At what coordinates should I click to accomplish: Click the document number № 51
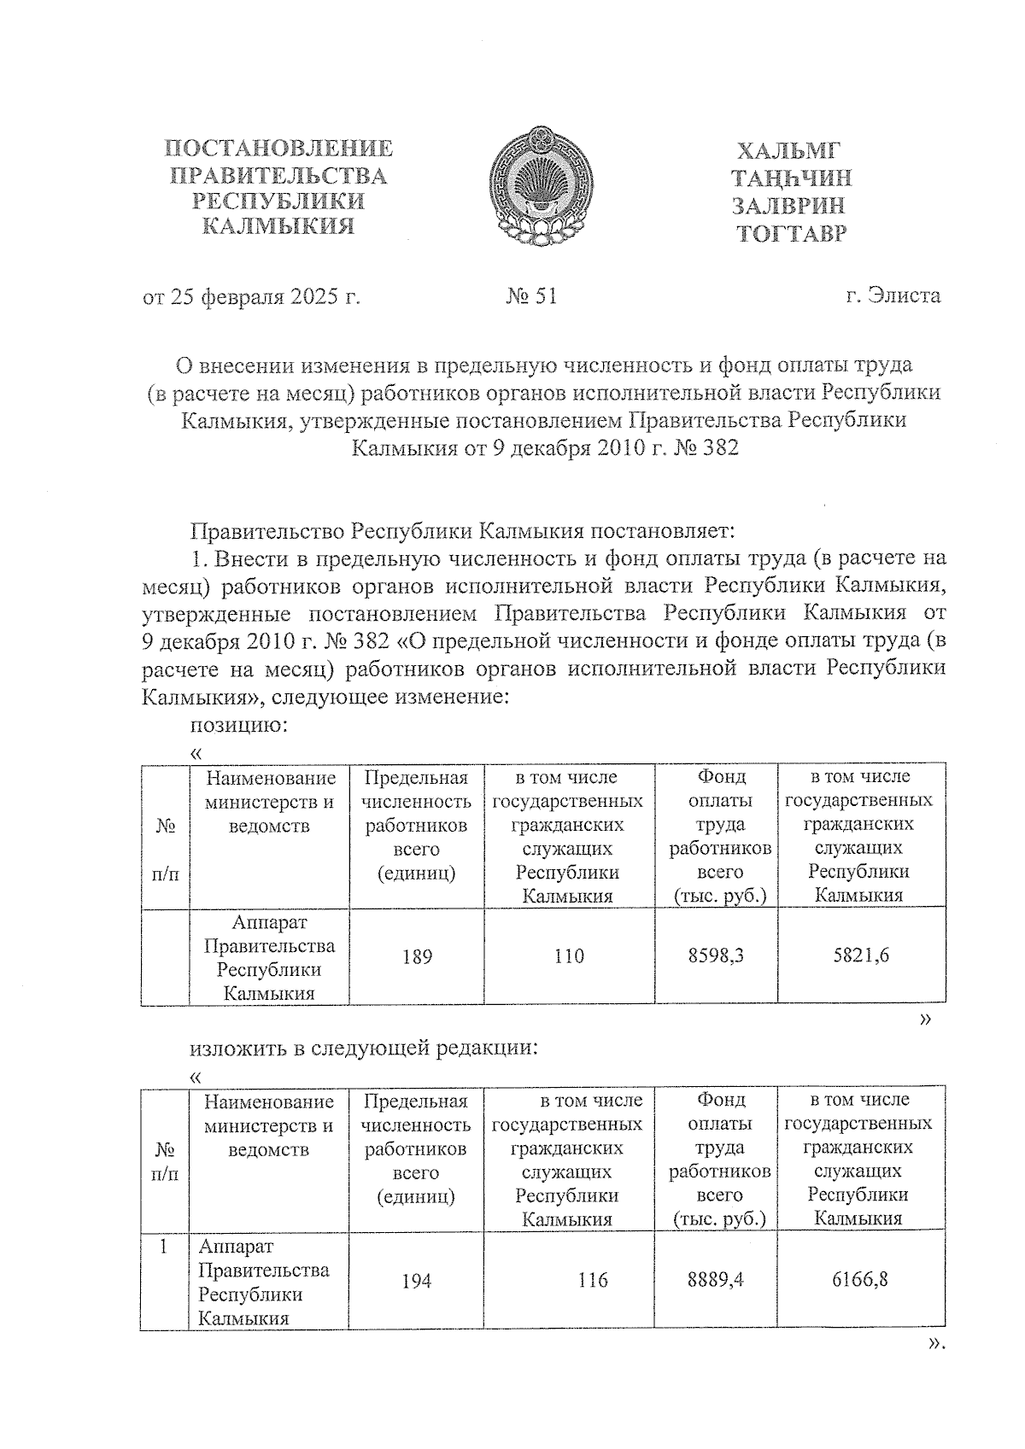[531, 296]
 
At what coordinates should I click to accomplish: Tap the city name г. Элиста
[893, 295]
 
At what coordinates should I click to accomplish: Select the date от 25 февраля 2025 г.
[251, 297]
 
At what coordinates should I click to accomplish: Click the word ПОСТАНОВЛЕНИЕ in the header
[278, 149]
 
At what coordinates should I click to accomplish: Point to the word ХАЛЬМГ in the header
[788, 152]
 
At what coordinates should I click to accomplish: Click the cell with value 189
[417, 956]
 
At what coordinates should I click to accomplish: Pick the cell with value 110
[569, 956]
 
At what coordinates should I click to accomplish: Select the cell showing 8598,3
[716, 956]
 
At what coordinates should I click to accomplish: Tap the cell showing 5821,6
[861, 956]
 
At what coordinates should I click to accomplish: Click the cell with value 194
[417, 1281]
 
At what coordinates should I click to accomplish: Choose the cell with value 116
[592, 1280]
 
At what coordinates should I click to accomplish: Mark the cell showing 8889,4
[716, 1280]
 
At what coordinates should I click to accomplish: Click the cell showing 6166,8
[860, 1280]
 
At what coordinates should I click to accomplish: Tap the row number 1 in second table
[164, 1247]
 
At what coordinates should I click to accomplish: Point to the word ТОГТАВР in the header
[792, 232]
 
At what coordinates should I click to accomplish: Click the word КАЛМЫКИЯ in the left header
[278, 227]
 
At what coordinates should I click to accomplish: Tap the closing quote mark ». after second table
[936, 1344]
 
